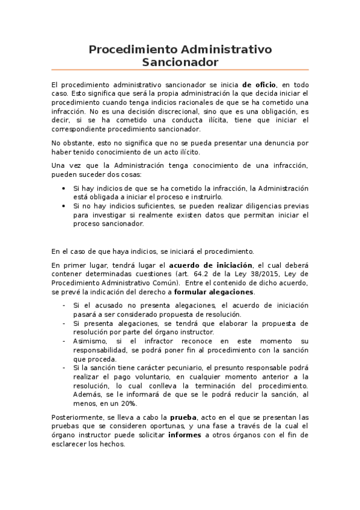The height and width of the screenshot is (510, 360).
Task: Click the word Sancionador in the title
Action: (180, 62)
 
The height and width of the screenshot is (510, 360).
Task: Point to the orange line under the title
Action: (180, 70)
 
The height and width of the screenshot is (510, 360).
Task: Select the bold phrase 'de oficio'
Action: (259, 85)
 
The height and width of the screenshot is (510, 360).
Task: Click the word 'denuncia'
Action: (276, 143)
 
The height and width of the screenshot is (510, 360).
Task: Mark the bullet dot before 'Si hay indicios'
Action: (64, 188)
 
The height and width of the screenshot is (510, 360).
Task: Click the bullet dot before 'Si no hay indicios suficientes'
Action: (64, 206)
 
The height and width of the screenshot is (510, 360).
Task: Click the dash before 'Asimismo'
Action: (64, 340)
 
